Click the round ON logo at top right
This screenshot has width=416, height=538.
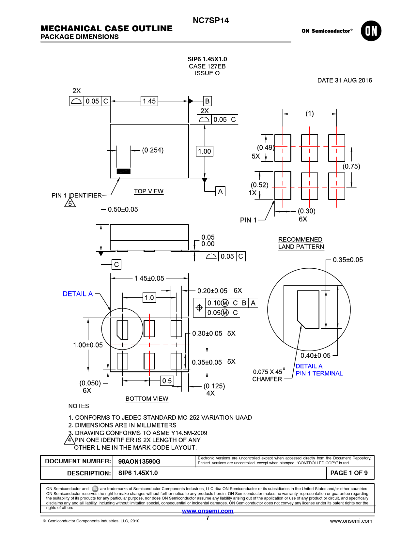(x=371, y=31)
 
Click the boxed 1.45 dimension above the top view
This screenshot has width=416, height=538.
(x=149, y=101)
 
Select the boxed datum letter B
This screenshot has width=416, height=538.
(x=207, y=101)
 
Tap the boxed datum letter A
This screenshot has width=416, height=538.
(x=220, y=191)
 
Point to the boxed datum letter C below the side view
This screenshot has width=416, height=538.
(x=116, y=264)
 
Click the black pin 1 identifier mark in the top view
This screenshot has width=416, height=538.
(x=123, y=171)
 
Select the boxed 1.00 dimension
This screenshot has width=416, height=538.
(x=205, y=151)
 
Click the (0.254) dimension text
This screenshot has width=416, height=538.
(x=153, y=150)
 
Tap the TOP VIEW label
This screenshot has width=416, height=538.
(x=148, y=191)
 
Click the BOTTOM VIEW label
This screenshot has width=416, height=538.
(x=147, y=399)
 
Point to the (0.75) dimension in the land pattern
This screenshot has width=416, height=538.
(x=351, y=166)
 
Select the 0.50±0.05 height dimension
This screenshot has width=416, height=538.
(x=123, y=209)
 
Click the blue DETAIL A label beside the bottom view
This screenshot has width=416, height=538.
(x=78, y=294)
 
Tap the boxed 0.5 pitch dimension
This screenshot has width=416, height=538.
(x=167, y=381)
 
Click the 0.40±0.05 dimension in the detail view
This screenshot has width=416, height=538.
(x=315, y=355)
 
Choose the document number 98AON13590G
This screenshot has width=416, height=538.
(x=139, y=461)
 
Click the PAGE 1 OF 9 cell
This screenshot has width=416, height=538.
(x=349, y=473)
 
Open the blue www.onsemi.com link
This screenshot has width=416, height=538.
(x=208, y=511)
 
